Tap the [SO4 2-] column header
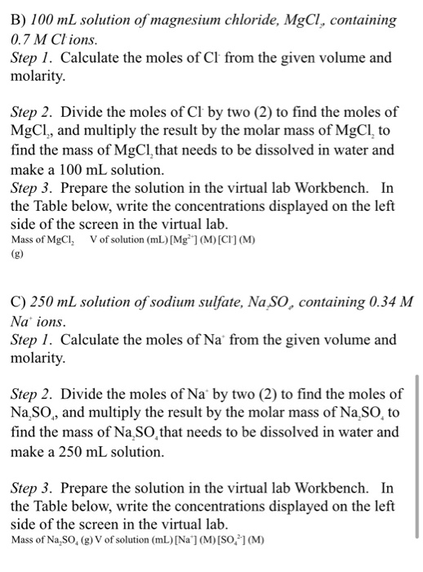point(238,538)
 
